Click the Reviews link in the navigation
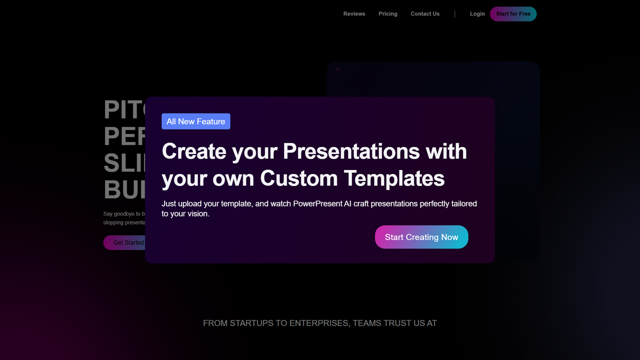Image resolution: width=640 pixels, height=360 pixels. [x=354, y=14]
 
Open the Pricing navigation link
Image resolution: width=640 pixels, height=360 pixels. [x=388, y=14]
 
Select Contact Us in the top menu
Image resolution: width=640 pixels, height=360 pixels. [x=425, y=14]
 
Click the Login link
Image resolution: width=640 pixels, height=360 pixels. [x=477, y=14]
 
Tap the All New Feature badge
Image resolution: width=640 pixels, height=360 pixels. [x=196, y=121]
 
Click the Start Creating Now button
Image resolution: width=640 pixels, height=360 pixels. [x=421, y=237]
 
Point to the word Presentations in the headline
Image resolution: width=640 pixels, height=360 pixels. [x=351, y=152]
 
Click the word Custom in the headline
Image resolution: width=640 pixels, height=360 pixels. [x=299, y=178]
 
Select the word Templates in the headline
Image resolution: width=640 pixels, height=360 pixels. [x=394, y=178]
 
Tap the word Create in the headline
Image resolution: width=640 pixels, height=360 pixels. [x=194, y=152]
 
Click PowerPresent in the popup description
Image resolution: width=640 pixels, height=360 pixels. [x=318, y=204]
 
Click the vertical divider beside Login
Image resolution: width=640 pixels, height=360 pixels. [x=455, y=14]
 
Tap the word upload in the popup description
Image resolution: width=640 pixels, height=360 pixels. [x=190, y=204]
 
